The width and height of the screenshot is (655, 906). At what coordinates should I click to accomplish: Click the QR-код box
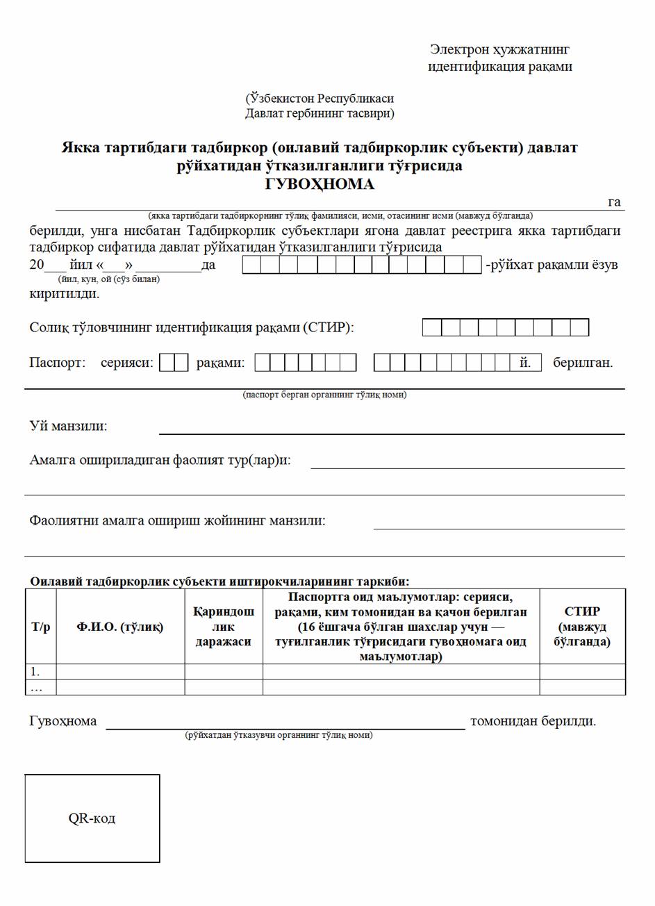pyautogui.click(x=92, y=818)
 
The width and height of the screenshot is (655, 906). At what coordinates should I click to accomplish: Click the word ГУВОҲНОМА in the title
pyautogui.click(x=320, y=184)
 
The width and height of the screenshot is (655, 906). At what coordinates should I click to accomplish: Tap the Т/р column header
pyautogui.click(x=40, y=627)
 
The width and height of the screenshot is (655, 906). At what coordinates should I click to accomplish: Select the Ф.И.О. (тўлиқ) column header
pyautogui.click(x=120, y=627)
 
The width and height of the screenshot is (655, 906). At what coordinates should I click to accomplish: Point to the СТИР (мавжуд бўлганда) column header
pyautogui.click(x=582, y=627)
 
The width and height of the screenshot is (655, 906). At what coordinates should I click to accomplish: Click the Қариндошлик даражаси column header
pyautogui.click(x=223, y=627)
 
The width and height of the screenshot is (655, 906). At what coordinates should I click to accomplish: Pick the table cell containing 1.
pyautogui.click(x=40, y=671)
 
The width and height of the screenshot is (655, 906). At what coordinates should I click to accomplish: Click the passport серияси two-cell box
pyautogui.click(x=174, y=363)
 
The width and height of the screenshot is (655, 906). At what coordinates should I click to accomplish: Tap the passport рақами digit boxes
pyautogui.click(x=305, y=363)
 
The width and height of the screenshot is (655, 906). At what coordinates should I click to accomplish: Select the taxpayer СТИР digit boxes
pyautogui.click(x=505, y=327)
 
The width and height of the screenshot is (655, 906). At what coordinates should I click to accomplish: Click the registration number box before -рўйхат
pyautogui.click(x=361, y=265)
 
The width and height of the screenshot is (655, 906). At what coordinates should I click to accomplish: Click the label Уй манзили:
pyautogui.click(x=68, y=426)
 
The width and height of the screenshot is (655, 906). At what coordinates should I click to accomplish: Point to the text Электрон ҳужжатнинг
pyautogui.click(x=499, y=49)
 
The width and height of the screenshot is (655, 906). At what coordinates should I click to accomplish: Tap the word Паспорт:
pyautogui.click(x=57, y=363)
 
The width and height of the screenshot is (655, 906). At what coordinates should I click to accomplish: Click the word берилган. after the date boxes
pyautogui.click(x=583, y=363)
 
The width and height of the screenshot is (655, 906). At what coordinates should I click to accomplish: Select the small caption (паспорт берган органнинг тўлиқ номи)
pyautogui.click(x=324, y=395)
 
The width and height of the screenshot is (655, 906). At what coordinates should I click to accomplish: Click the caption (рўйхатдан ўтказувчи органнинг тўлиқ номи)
pyautogui.click(x=279, y=734)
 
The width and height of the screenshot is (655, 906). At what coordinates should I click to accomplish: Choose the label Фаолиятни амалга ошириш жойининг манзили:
pyautogui.click(x=177, y=520)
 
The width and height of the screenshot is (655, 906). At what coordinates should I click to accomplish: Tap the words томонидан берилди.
pyautogui.click(x=533, y=721)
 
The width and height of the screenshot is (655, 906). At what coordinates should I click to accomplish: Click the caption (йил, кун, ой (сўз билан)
pyautogui.click(x=109, y=279)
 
